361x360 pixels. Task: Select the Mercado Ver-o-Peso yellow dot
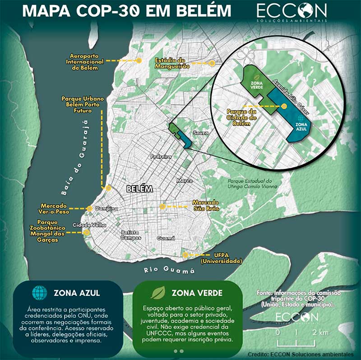(89, 208)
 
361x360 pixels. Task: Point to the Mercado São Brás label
(205, 205)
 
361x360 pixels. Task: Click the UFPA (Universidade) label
(221, 258)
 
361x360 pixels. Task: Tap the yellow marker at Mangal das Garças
(87, 232)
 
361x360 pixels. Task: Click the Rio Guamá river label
(170, 270)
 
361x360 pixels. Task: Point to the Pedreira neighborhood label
(161, 157)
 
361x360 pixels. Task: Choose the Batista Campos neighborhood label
(131, 235)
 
